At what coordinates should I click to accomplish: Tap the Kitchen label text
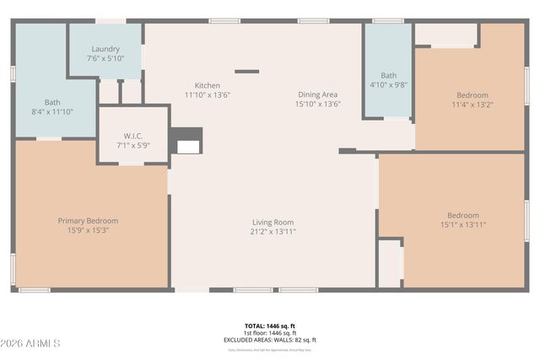(x=208, y=85)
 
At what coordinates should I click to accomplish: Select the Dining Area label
(x=318, y=94)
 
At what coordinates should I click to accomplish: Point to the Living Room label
(x=273, y=222)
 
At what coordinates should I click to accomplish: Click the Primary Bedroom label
(x=88, y=221)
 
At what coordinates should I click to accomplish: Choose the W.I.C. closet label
(x=132, y=136)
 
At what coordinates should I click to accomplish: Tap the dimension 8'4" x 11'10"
(x=52, y=110)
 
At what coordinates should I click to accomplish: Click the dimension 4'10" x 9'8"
(x=388, y=84)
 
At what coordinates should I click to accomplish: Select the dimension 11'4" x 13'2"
(x=472, y=105)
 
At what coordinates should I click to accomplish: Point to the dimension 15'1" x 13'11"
(x=462, y=224)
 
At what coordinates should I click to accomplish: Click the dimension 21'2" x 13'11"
(x=273, y=231)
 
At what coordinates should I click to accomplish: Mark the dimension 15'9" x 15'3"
(x=88, y=230)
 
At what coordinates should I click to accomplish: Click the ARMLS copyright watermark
(x=32, y=343)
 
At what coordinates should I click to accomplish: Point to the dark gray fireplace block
(x=187, y=140)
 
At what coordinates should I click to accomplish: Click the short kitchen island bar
(x=246, y=72)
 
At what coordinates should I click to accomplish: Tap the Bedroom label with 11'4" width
(x=472, y=95)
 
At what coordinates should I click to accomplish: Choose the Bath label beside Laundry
(x=52, y=101)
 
